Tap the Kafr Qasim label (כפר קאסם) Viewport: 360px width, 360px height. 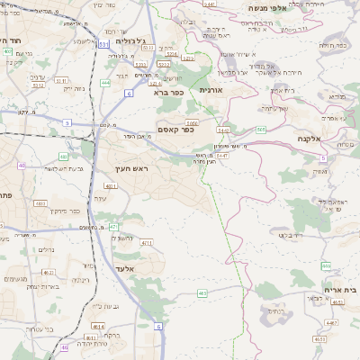tap(178, 130)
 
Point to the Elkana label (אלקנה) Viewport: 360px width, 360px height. tap(311, 139)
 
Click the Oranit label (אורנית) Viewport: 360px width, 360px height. tap(210, 90)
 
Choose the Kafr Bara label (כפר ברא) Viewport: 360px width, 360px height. tap(167, 92)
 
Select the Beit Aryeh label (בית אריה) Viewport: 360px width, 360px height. tap(339, 290)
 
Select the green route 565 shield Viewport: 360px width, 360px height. tap(260, 130)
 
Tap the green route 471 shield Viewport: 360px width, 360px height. tap(113, 227)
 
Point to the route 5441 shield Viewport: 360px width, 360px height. tap(209, 4)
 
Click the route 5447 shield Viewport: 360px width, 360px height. tap(220, 156)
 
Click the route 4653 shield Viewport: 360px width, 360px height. tap(320, 339)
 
